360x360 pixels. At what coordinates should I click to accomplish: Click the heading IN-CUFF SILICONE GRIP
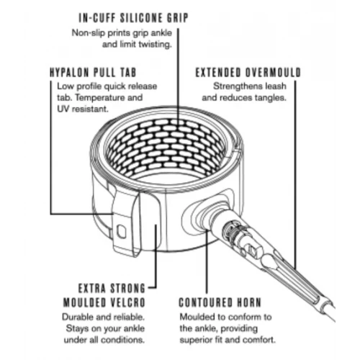click(133, 18)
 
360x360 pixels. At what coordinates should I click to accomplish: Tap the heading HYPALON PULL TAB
click(93, 73)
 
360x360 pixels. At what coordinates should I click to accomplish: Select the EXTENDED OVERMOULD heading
click(248, 73)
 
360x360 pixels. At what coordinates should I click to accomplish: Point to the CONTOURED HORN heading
click(220, 302)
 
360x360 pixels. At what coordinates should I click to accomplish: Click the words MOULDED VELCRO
click(104, 302)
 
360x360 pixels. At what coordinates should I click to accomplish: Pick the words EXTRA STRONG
click(112, 288)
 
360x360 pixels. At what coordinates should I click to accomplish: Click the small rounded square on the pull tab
click(122, 231)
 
